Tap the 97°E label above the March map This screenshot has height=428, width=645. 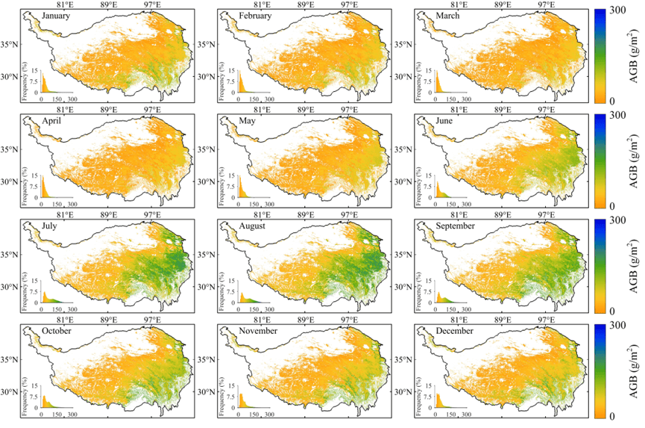tap(547, 4)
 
